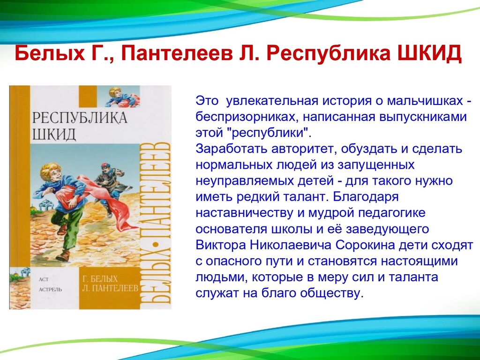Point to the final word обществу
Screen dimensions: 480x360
[331, 293]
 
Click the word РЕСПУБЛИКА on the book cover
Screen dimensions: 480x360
[80, 118]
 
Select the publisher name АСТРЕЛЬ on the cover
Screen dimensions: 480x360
[51, 289]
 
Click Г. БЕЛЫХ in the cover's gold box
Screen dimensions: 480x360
[100, 278]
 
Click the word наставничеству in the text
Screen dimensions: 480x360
[244, 213]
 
